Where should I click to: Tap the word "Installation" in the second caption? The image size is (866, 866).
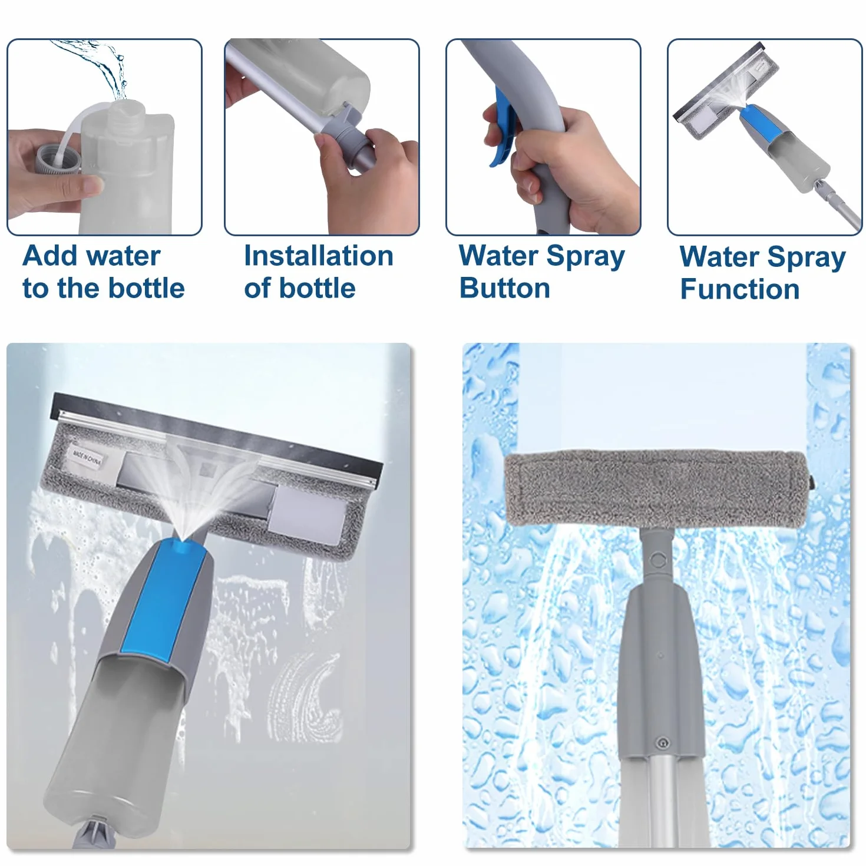point(319,256)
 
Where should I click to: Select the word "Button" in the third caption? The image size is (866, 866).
point(505,288)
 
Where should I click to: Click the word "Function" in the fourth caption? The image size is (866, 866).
point(740,289)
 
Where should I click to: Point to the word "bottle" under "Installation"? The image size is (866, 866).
point(318,288)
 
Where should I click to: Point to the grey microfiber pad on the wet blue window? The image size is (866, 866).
point(656,488)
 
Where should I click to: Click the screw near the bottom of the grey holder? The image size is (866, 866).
point(661,743)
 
